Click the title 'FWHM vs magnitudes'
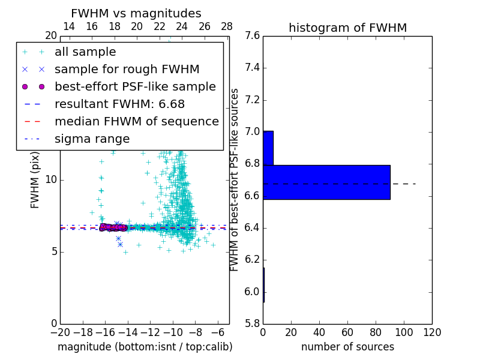pyautogui.click(x=136, y=13)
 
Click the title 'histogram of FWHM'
pyautogui.click(x=347, y=28)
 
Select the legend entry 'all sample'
pyautogui.click(x=85, y=52)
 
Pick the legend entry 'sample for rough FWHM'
pyautogui.click(x=127, y=69)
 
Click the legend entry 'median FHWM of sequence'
pyautogui.click(x=136, y=121)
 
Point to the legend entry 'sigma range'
pyautogui.click(x=92, y=139)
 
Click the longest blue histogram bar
pyautogui.click(x=326, y=182)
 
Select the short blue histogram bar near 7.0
pyautogui.click(x=268, y=148)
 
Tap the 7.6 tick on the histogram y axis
pyautogui.click(x=252, y=36)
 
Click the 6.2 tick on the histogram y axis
pyautogui.click(x=252, y=260)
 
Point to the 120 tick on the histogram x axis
pyautogui.click(x=431, y=332)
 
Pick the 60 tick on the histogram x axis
pyautogui.click(x=347, y=332)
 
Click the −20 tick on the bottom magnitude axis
pyautogui.click(x=60, y=332)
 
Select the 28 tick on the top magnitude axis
pyautogui.click(x=227, y=26)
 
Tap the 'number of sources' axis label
pyautogui.click(x=347, y=347)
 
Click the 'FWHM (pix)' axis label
pyautogui.click(x=35, y=179)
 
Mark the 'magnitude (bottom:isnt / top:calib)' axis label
pyautogui.click(x=145, y=347)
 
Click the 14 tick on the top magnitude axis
pyautogui.click(x=69, y=26)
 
